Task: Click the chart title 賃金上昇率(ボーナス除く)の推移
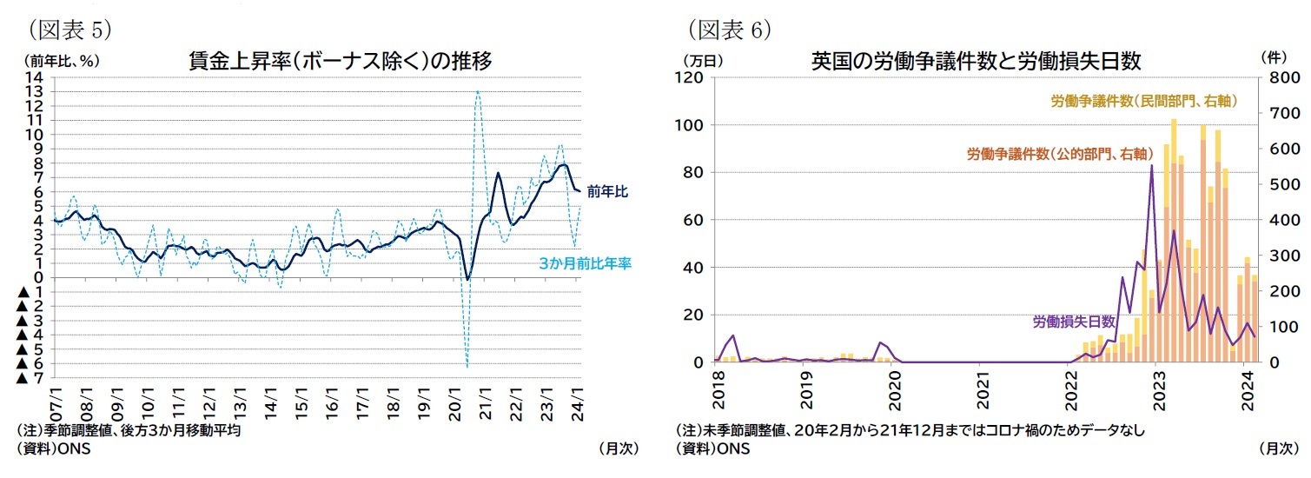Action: (x=341, y=61)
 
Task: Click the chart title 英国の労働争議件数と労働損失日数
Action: (x=975, y=61)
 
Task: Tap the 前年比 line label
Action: (x=606, y=191)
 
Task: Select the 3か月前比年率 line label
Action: (x=585, y=262)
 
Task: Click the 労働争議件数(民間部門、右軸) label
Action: (x=1143, y=102)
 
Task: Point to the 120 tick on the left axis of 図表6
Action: (x=691, y=77)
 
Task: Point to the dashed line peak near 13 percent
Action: (x=478, y=92)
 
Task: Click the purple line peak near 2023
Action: (x=1151, y=165)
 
